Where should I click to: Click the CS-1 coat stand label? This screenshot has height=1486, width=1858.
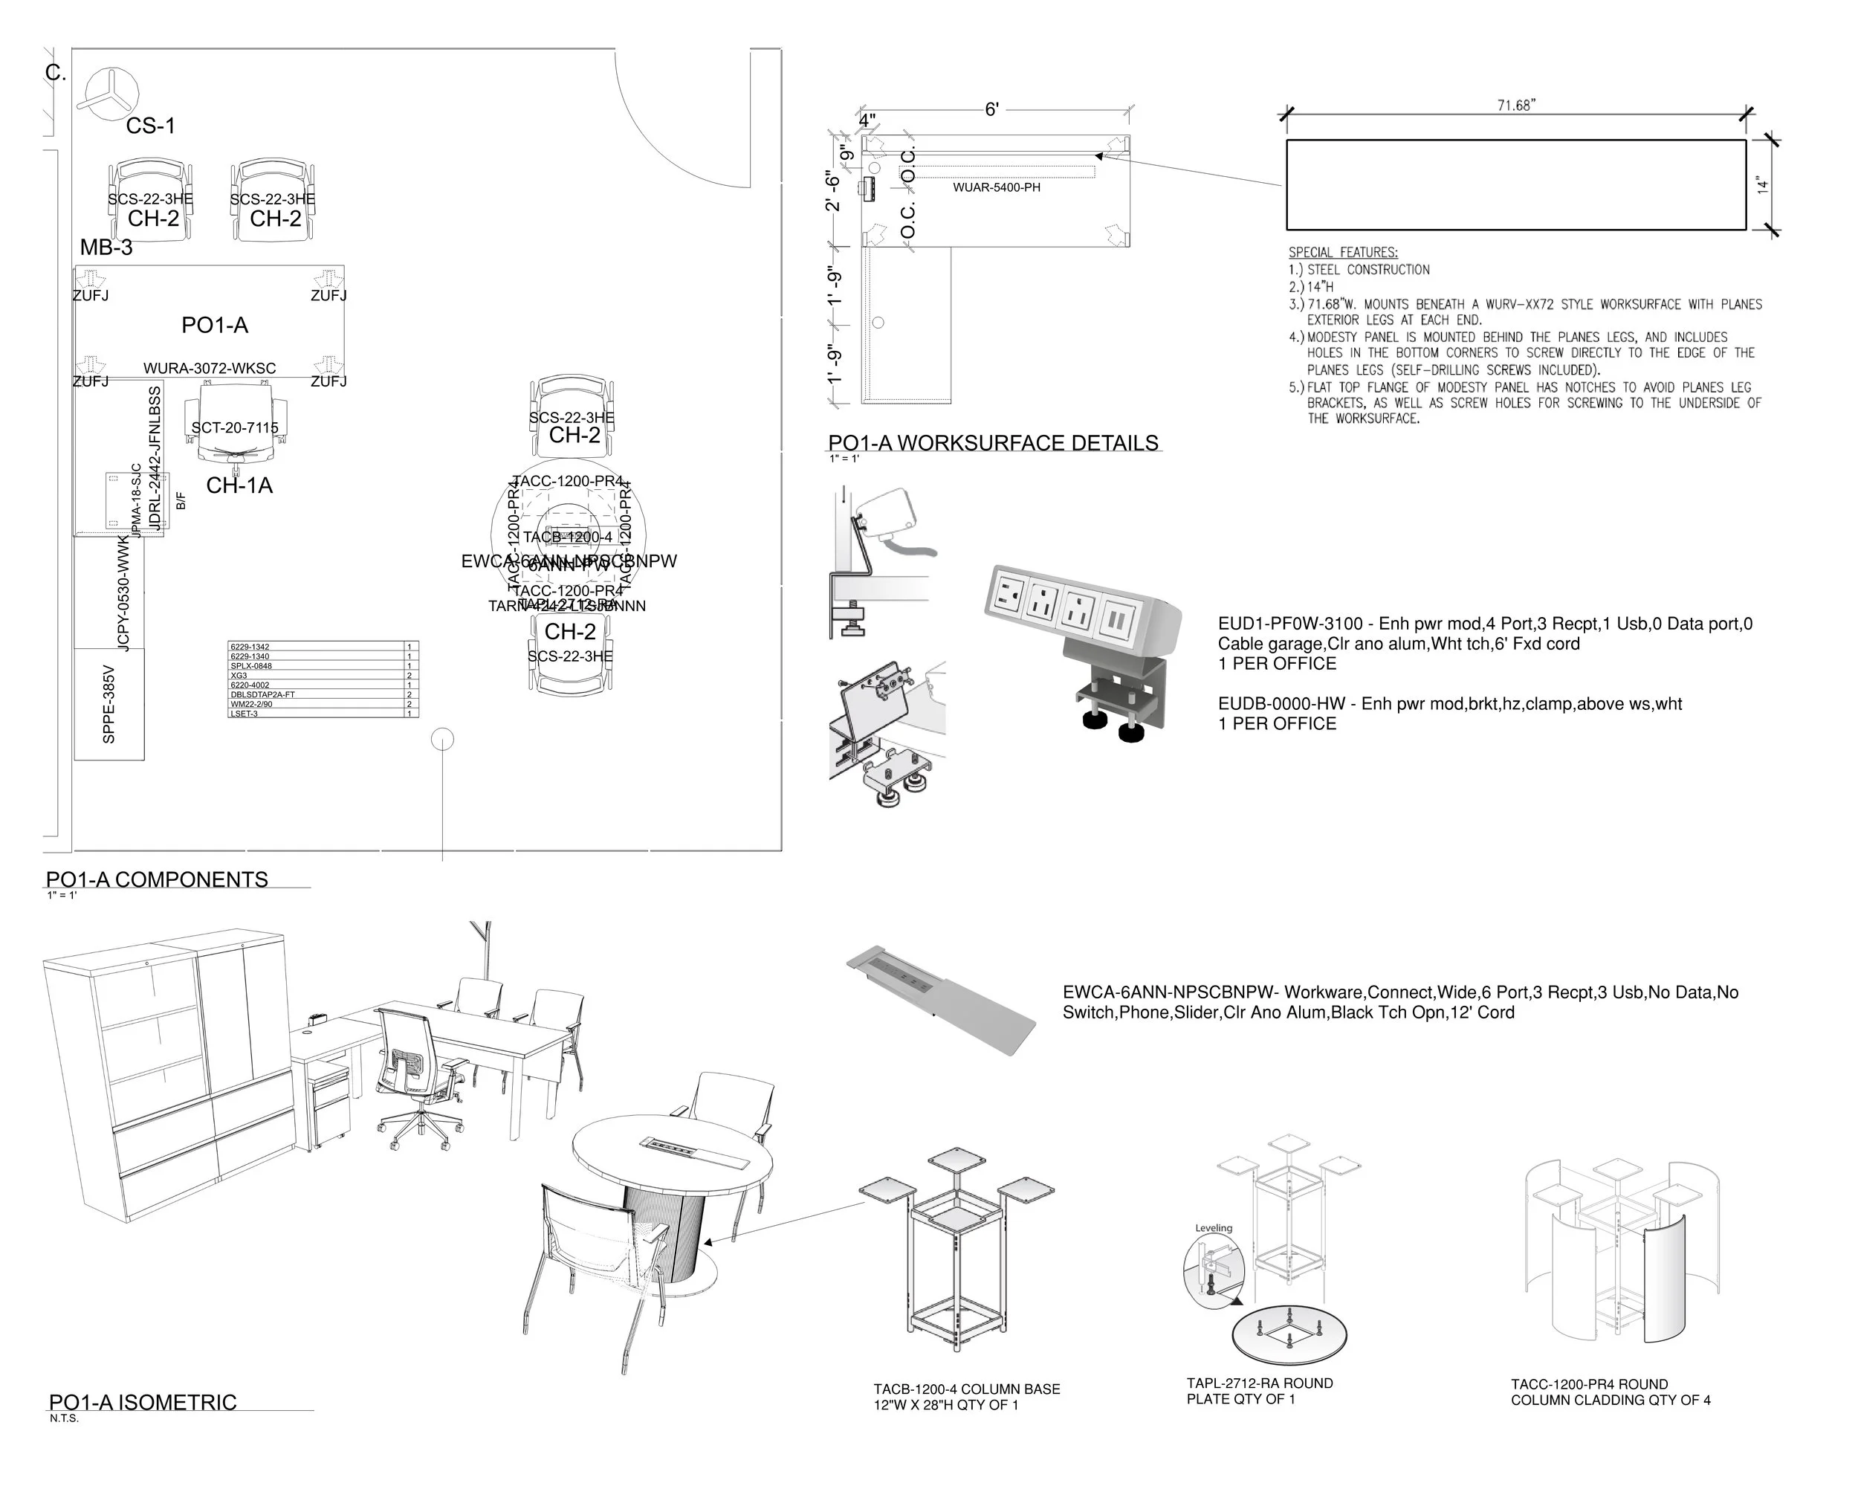[151, 126]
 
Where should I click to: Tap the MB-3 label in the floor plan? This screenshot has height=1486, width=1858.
[106, 248]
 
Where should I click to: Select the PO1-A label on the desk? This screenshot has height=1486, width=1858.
[215, 326]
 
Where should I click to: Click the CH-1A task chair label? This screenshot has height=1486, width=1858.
[239, 486]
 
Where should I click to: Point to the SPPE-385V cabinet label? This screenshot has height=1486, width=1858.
[109, 704]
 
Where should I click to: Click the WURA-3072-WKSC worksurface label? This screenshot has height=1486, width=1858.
[210, 369]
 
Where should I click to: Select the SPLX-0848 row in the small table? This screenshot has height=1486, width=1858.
[252, 666]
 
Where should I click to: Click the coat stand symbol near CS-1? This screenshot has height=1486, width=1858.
[107, 92]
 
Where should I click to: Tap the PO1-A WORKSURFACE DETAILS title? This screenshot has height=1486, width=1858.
[993, 444]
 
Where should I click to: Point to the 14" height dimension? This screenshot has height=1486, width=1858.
[1763, 184]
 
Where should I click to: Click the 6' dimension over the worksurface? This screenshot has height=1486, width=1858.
[992, 109]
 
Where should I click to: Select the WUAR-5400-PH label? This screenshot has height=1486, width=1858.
[996, 188]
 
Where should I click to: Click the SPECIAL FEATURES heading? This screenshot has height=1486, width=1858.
[1343, 253]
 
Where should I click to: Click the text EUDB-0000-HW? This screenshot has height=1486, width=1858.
[1281, 704]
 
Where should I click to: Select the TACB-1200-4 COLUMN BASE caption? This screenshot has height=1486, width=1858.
[966, 1389]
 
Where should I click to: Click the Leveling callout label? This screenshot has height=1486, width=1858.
[1214, 1228]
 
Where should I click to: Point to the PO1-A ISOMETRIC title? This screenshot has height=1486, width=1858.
[142, 1403]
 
